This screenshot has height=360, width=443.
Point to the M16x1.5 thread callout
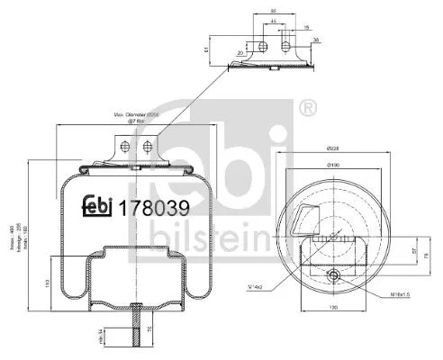[x=375, y=293]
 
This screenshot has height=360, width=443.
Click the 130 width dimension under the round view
[x=331, y=309]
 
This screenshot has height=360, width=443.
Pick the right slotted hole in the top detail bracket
[x=285, y=45]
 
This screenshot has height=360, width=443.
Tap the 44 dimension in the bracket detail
[x=273, y=19]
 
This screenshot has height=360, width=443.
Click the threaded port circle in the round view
[x=334, y=276]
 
